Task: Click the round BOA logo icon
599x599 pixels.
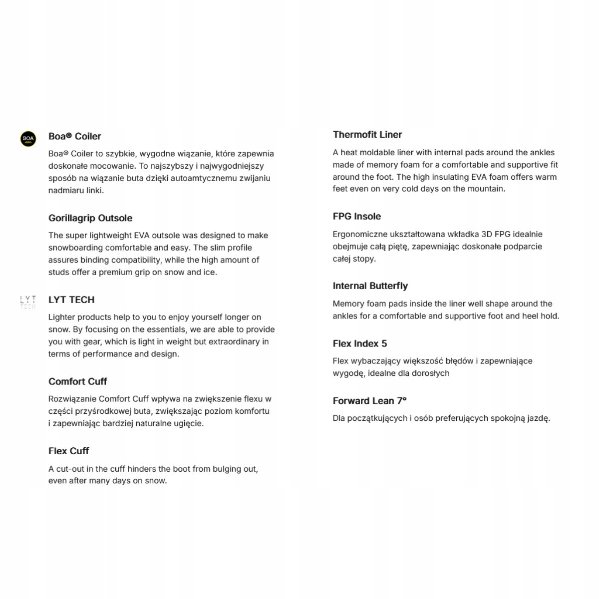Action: coord(28,139)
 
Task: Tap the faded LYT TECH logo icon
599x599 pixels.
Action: coord(28,302)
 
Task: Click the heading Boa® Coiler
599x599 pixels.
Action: coord(75,136)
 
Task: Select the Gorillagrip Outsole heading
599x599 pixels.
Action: coord(90,218)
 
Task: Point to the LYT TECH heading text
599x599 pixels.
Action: coord(71,299)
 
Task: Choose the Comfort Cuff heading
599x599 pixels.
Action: coord(78,381)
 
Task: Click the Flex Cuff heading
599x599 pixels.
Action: coord(68,451)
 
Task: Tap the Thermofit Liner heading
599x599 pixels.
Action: coord(367,134)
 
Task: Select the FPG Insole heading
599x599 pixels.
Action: coord(357,216)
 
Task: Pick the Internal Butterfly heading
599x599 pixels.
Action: coord(370,286)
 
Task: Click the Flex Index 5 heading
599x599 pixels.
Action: coord(360,343)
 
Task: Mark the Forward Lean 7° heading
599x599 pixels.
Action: coord(370,401)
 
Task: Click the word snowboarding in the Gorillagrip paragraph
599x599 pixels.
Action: coord(75,248)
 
